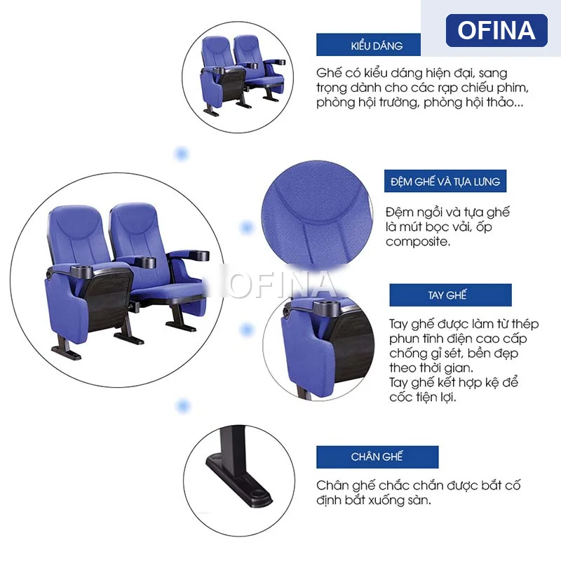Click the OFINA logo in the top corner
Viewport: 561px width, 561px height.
[496, 30]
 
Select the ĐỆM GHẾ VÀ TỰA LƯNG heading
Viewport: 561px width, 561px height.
[445, 181]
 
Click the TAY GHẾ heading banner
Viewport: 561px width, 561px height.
[450, 295]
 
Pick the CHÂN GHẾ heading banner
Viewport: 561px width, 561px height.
[377, 457]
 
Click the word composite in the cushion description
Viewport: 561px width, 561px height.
[417, 242]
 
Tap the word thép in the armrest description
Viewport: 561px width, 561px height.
[525, 324]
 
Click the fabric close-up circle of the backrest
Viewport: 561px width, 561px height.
[318, 215]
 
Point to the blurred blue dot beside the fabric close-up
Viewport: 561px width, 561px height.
[247, 227]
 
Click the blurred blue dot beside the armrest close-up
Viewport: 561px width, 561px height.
[247, 330]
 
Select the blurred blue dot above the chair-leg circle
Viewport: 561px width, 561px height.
[183, 406]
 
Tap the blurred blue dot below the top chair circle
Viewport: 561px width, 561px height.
[181, 154]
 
